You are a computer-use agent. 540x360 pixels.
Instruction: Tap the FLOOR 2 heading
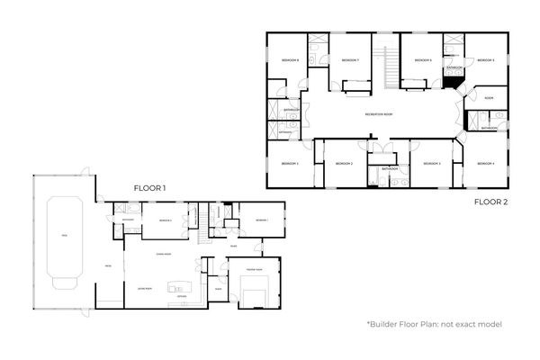492,202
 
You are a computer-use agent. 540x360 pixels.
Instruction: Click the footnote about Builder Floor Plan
434,324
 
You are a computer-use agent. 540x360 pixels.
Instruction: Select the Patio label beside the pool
107,266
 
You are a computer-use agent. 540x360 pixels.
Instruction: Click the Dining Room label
164,255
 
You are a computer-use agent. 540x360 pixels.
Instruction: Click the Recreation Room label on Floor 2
381,114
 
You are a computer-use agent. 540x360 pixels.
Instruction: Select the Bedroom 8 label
290,60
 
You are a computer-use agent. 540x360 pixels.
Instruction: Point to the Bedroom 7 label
350,60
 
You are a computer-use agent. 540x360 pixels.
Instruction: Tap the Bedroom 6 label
423,60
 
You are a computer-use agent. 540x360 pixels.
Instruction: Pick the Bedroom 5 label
486,60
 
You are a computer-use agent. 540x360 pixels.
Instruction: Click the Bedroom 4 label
486,163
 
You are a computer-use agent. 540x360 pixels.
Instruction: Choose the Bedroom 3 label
432,163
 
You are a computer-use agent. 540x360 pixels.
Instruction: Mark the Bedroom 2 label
344,163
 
